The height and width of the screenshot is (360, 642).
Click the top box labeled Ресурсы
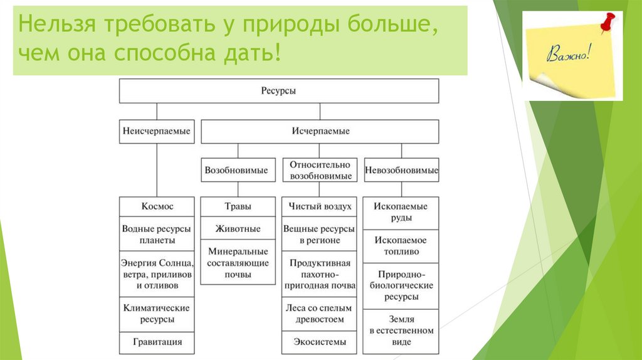tap(279, 91)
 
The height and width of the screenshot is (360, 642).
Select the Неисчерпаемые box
tap(157, 132)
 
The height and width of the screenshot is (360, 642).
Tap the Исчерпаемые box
tap(320, 132)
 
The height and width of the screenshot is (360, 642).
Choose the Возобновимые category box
tap(238, 170)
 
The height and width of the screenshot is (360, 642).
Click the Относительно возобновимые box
tap(320, 170)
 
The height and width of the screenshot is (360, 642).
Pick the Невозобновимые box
tap(401, 170)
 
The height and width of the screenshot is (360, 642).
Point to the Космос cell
tap(157, 206)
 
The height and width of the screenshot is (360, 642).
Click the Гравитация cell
tap(157, 342)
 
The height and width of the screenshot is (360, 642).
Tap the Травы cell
tap(238, 206)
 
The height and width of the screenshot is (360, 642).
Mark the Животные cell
tap(238, 229)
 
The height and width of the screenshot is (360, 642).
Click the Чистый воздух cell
tap(320, 206)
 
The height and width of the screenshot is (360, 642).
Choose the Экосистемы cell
tap(320, 342)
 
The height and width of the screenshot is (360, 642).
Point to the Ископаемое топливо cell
tap(401, 246)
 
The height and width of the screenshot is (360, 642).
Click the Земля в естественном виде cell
tap(401, 331)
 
